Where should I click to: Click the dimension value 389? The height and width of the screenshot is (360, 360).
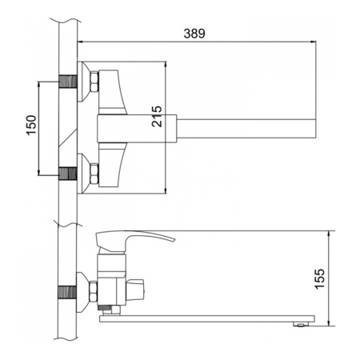[194, 34]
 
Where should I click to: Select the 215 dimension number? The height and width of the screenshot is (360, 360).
[157, 116]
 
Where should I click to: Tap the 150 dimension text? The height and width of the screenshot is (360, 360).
[31, 125]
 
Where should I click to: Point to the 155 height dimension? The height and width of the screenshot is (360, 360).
[320, 278]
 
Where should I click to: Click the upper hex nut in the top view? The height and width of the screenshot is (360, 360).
[94, 82]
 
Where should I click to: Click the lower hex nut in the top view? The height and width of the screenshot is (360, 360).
[94, 174]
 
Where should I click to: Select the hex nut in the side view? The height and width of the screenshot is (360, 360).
[94, 291]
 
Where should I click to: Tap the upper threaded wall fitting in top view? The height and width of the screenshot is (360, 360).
[68, 82]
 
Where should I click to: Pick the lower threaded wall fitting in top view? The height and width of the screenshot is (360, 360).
[68, 174]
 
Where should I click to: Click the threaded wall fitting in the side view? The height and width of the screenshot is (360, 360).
[67, 292]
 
